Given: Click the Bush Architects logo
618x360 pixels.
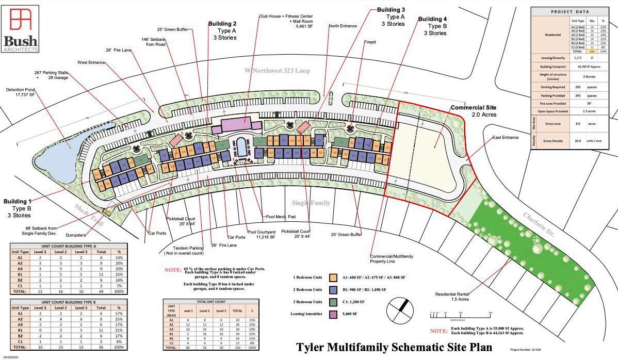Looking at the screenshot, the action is point(21,29).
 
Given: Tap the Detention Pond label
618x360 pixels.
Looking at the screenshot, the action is point(20,92).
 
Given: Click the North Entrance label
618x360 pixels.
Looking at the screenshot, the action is point(343,26).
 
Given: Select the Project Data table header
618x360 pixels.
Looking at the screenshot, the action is point(570,11).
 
